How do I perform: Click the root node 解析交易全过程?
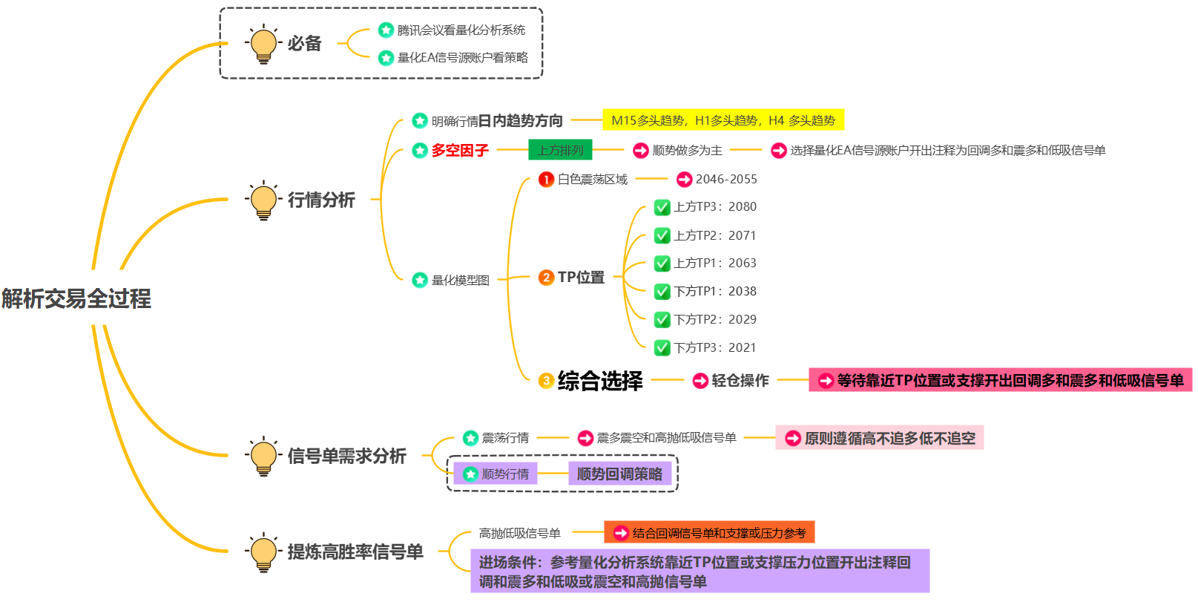coord(76,298)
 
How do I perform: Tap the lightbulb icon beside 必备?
coord(263,44)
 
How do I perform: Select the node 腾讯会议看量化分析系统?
coord(461,30)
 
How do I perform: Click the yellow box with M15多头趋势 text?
coord(723,120)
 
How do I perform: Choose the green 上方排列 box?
coord(560,150)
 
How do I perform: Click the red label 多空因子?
coord(460,151)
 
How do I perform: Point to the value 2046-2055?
coord(726,179)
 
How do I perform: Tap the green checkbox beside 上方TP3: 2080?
coord(662,207)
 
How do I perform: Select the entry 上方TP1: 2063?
coord(714,264)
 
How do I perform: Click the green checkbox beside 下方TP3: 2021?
coord(662,347)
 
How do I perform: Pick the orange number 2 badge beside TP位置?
coord(546,278)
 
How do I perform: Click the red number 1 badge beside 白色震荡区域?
coord(546,179)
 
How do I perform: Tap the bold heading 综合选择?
coord(600,381)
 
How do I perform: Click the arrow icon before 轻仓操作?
coord(700,381)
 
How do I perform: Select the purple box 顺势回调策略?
coord(619,474)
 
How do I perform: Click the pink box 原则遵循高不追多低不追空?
coord(880,438)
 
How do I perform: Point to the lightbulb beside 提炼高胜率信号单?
coord(263,552)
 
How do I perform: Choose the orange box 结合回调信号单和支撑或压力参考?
coord(710,533)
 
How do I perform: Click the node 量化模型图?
coord(461,280)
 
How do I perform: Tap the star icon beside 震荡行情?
coord(470,438)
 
